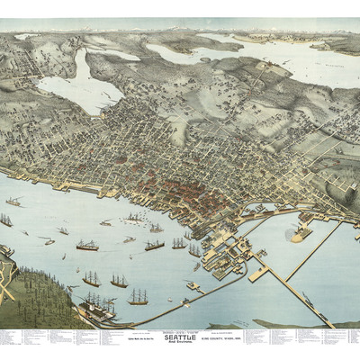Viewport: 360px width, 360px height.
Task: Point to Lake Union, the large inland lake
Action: (x=80, y=84)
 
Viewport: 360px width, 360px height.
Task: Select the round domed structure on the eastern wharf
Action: (x=296, y=233)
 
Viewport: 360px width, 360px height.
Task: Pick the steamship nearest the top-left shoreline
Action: (x=13, y=202)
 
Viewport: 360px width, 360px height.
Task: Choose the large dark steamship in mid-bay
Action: (x=87, y=245)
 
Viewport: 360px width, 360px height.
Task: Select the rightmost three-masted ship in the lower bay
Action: (x=138, y=297)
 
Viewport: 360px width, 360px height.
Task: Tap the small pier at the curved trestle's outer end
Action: (x=192, y=286)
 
